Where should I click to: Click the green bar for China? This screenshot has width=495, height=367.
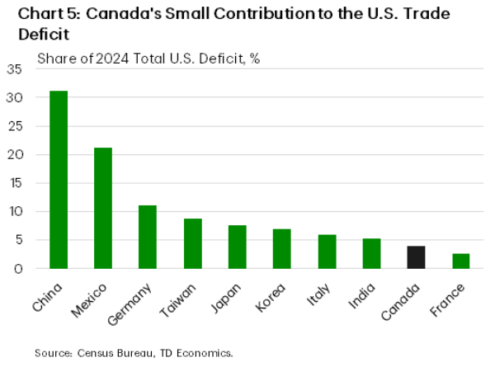pyautogui.click(x=59, y=180)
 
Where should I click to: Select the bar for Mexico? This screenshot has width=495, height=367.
pyautogui.click(x=103, y=208)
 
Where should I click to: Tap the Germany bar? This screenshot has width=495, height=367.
pyautogui.click(x=148, y=237)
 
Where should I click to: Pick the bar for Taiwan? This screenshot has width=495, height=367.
pyautogui.click(x=192, y=243)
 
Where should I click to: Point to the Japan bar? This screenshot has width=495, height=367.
pyautogui.click(x=238, y=247)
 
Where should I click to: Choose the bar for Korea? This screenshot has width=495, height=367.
pyautogui.click(x=282, y=248)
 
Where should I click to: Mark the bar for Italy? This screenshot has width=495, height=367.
pyautogui.click(x=327, y=252)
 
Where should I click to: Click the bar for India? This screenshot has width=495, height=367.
pyautogui.click(x=371, y=253)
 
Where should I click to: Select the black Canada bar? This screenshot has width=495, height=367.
pyautogui.click(x=416, y=257)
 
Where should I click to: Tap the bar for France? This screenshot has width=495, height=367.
pyautogui.click(x=460, y=261)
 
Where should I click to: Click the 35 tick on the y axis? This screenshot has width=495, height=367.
pyautogui.click(x=14, y=69)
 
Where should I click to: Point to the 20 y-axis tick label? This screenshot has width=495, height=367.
pyautogui.click(x=14, y=154)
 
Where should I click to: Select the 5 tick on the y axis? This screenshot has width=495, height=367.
pyautogui.click(x=17, y=240)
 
